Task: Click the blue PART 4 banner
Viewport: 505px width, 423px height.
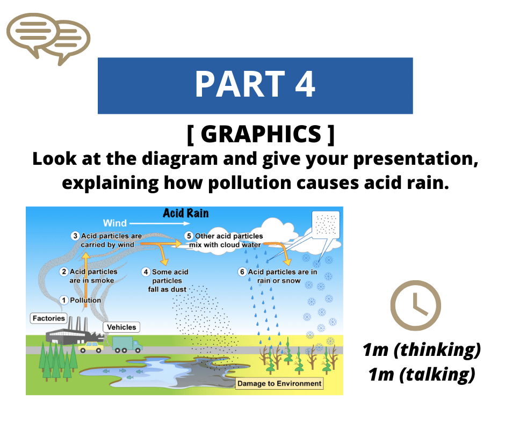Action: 255,86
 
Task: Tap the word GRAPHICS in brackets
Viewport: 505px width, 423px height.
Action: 261,134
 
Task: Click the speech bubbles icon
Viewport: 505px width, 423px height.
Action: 48,39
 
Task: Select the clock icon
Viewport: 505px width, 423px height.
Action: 415,305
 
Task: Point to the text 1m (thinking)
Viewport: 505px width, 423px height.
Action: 422,350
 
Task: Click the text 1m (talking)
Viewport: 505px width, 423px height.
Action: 422,374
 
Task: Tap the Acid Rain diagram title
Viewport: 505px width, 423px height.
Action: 186,213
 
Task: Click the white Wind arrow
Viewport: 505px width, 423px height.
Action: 155,223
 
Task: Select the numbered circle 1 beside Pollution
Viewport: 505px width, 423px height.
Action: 64,300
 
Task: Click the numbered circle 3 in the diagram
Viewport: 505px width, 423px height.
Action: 75,236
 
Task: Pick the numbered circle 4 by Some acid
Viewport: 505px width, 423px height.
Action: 146,272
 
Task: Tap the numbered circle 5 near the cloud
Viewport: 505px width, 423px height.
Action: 189,236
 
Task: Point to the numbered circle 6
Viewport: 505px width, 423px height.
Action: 242,272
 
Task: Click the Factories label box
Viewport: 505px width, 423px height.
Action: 49,318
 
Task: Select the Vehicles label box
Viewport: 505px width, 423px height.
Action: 121,327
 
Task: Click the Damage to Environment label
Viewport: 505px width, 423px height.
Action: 279,383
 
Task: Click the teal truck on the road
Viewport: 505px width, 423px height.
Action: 127,345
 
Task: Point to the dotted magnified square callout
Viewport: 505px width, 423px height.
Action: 326,225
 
